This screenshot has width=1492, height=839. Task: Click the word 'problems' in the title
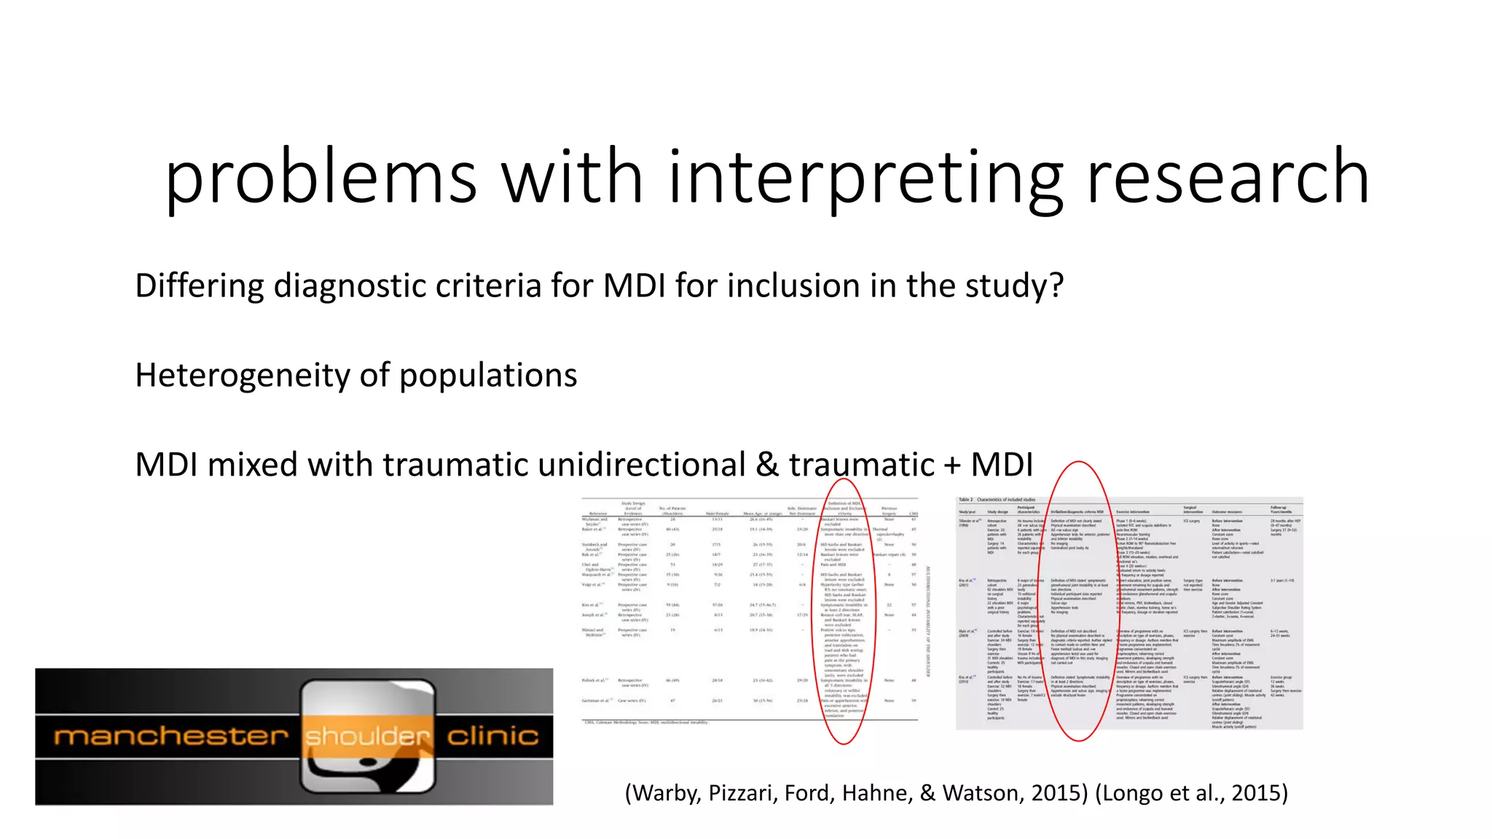321,178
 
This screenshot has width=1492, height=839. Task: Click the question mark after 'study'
1056,285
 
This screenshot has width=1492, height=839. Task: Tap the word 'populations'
488,375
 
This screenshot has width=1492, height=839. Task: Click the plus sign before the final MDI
951,465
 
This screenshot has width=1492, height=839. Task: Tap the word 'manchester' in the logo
171,736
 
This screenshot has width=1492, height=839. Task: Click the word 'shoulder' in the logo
368,736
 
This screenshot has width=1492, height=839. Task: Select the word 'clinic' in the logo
492,736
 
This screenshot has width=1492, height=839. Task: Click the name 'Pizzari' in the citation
742,792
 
